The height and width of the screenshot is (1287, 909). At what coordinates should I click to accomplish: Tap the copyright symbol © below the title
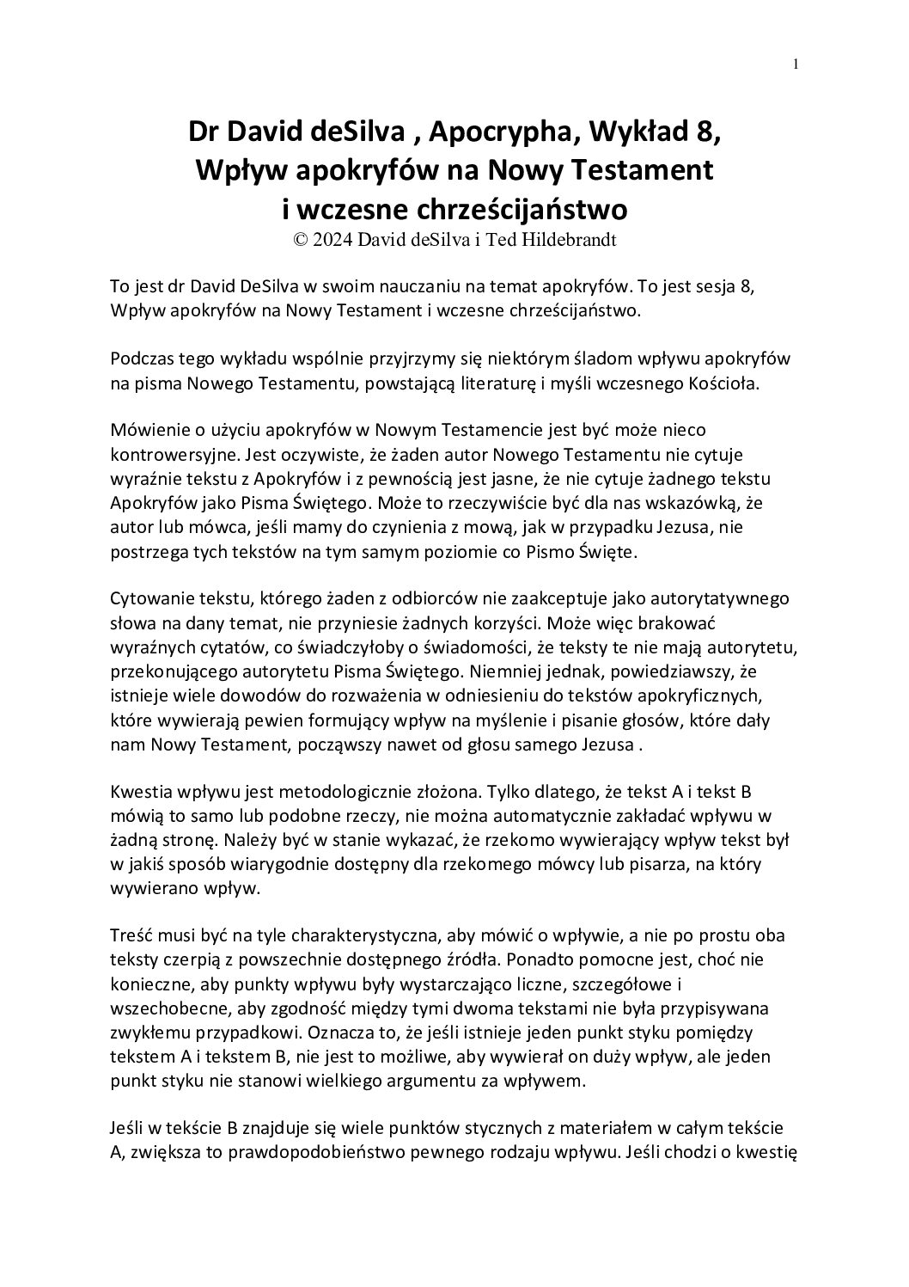tap(301, 241)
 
